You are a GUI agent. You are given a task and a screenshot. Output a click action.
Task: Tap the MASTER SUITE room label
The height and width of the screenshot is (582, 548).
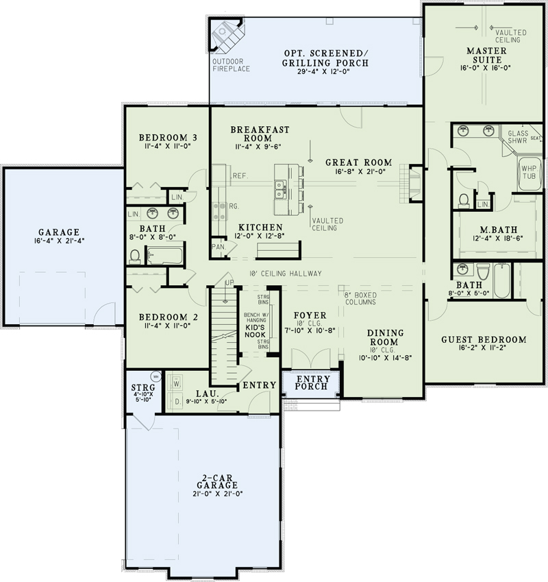click(x=487, y=56)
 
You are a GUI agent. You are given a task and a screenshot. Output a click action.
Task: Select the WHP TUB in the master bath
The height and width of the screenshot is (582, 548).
click(x=528, y=171)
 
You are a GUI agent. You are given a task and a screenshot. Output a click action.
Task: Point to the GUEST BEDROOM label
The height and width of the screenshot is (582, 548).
click(x=484, y=339)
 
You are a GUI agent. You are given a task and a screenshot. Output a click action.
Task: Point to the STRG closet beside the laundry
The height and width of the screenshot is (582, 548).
click(x=143, y=391)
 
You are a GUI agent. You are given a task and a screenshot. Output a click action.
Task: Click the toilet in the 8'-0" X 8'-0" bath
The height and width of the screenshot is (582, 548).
click(x=135, y=256)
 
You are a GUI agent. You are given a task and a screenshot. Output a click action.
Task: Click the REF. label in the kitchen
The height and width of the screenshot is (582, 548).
click(x=239, y=175)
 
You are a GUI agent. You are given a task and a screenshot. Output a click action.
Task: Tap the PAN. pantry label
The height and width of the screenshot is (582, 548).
click(x=219, y=247)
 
